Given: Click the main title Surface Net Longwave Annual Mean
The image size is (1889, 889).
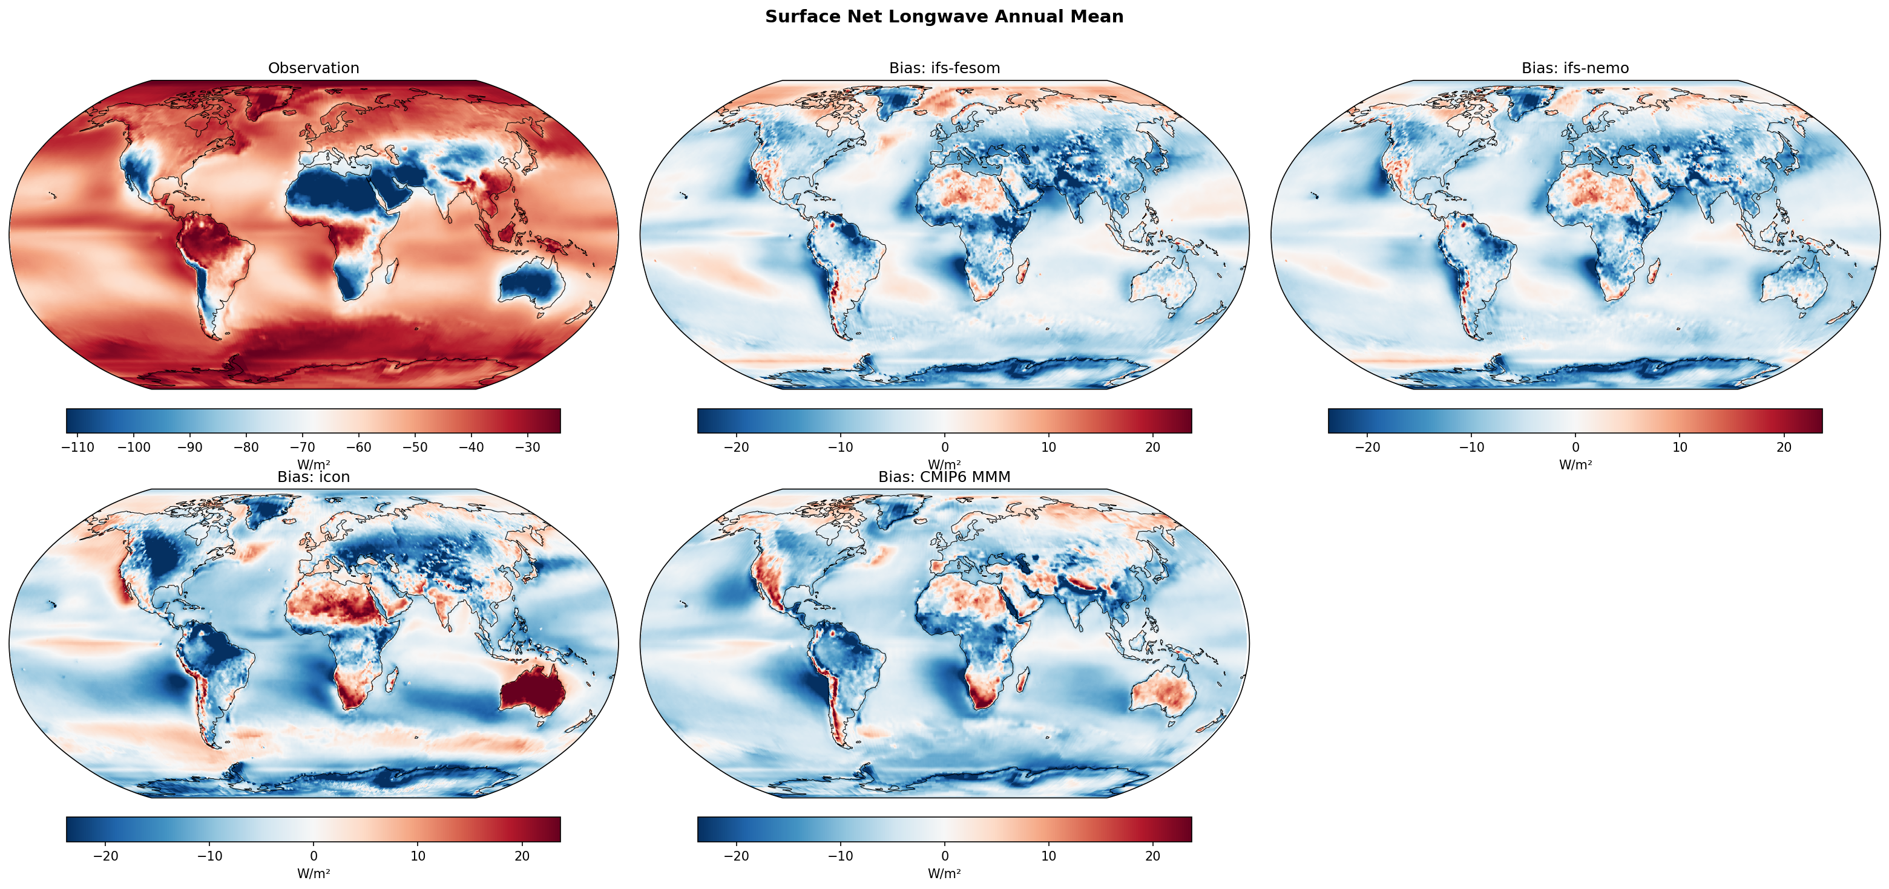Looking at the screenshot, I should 944,17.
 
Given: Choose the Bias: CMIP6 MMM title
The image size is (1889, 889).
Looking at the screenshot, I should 944,477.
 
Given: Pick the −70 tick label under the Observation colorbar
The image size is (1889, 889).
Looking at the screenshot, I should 302,447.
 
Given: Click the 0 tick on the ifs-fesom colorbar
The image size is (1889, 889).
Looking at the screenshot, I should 944,447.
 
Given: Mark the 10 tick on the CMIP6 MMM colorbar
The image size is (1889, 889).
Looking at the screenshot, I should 1049,856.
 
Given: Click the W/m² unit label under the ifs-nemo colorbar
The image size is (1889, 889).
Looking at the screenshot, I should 1574,464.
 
